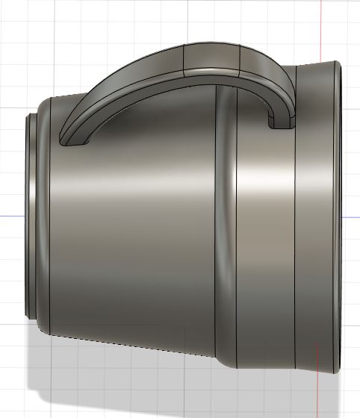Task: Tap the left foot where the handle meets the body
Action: pyautogui.click(x=72, y=137)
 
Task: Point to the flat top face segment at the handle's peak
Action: pyautogui.click(x=211, y=56)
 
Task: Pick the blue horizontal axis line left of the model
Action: pyautogui.click(x=11, y=217)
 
